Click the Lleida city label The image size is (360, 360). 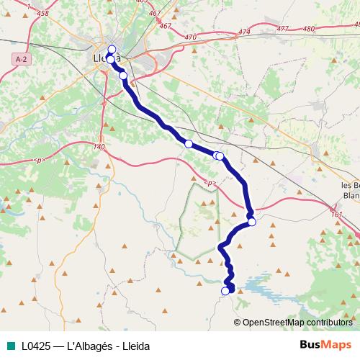pyautogui.click(x=106, y=58)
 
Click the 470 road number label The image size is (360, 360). pyautogui.click(x=190, y=37)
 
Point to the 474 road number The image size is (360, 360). pyautogui.click(x=244, y=32)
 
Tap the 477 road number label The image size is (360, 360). pyautogui.click(x=282, y=29)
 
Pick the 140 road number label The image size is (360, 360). pyautogui.click(x=99, y=147)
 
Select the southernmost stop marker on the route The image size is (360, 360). pyautogui.click(x=225, y=291)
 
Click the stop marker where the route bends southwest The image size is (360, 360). pyautogui.click(x=252, y=222)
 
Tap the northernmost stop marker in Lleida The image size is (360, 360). pyautogui.click(x=112, y=49)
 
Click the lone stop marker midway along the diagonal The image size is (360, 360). pyautogui.click(x=189, y=144)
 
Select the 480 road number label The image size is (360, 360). pyautogui.click(x=310, y=29)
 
